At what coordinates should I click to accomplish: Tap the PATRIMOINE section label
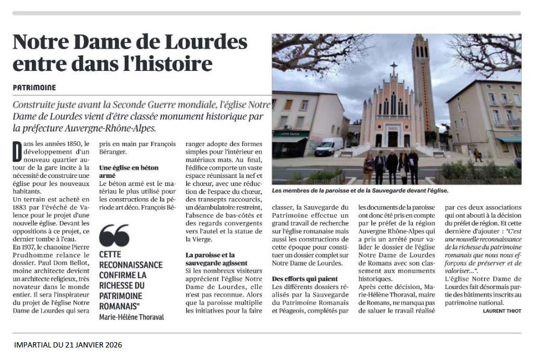[x=34, y=88]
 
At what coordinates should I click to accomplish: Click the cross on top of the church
[x=394, y=68]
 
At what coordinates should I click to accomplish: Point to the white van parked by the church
[x=329, y=147]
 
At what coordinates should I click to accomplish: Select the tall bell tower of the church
[x=422, y=83]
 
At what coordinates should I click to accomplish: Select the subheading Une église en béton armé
[x=128, y=172]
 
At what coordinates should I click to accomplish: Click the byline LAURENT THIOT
[x=498, y=311]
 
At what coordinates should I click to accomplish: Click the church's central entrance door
[x=393, y=138]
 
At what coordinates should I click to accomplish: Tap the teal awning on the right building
[x=509, y=140]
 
